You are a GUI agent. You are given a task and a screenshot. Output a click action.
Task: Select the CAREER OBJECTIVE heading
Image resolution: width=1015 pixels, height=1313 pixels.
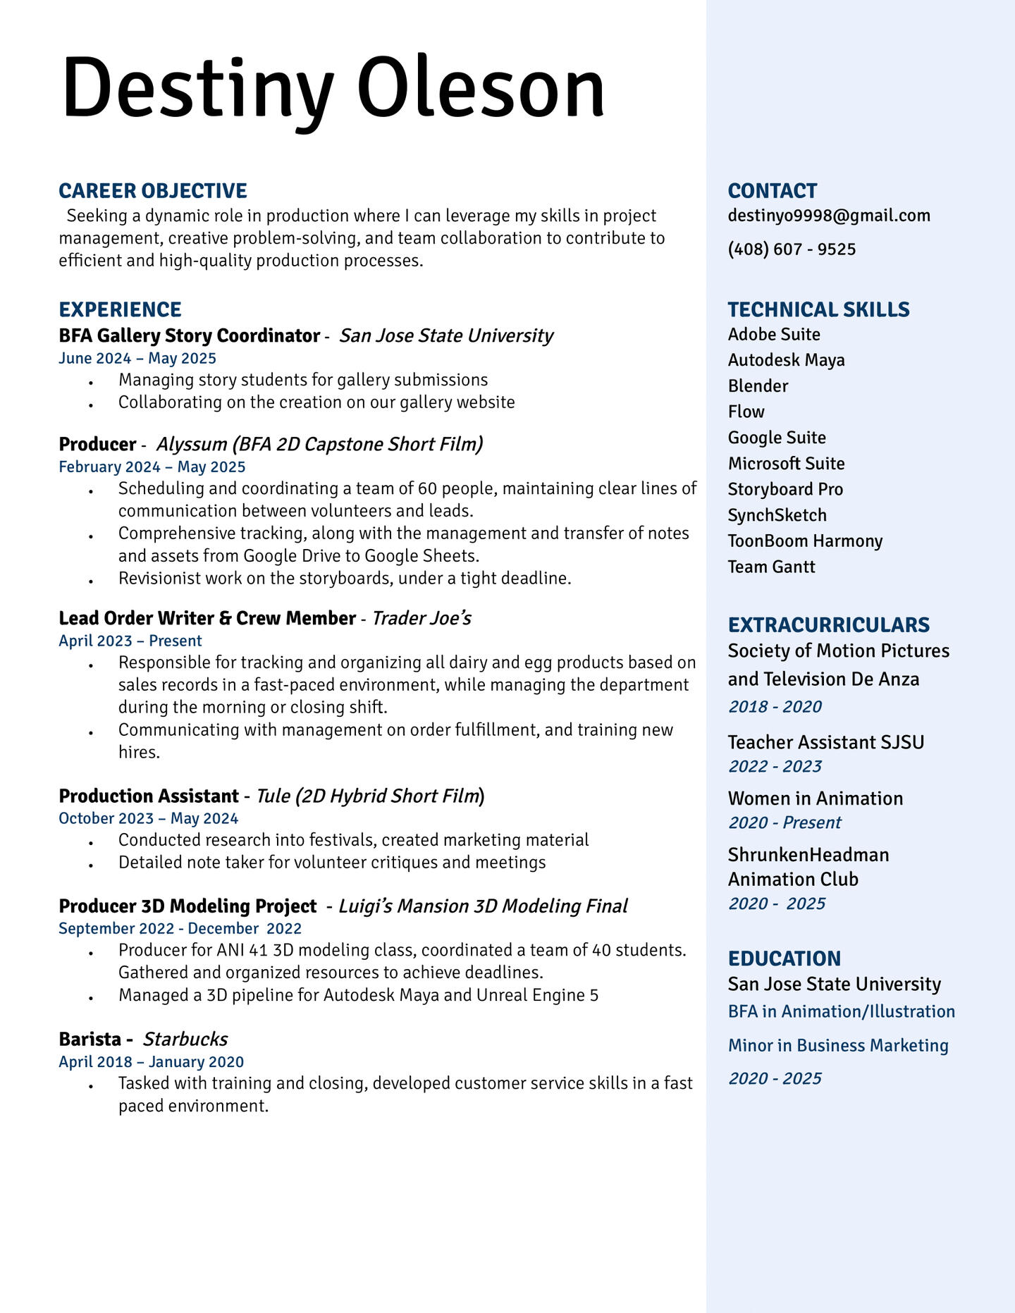(153, 191)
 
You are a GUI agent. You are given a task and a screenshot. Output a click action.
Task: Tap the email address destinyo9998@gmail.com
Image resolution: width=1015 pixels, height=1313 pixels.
(829, 216)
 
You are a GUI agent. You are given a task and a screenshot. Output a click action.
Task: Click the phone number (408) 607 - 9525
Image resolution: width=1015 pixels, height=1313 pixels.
(792, 249)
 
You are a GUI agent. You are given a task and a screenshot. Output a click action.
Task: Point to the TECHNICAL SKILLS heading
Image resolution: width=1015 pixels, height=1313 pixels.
(818, 310)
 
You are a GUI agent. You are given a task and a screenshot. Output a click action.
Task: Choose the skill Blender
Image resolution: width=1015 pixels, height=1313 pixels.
(758, 386)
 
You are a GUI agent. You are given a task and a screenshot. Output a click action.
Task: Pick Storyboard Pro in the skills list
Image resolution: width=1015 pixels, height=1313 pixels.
(785, 489)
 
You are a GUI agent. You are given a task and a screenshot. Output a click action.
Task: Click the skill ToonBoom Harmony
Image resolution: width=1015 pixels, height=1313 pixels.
(805, 541)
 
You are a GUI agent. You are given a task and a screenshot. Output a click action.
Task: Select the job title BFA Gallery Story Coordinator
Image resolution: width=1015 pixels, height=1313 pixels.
(190, 335)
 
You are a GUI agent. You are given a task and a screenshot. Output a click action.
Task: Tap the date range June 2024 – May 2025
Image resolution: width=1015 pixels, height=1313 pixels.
(137, 359)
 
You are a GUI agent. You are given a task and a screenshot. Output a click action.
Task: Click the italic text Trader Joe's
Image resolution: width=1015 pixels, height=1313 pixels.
(422, 619)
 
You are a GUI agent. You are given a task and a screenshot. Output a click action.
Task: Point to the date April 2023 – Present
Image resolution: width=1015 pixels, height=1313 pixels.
(130, 641)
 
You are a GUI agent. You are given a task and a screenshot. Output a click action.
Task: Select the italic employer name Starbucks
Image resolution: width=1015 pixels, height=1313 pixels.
(185, 1040)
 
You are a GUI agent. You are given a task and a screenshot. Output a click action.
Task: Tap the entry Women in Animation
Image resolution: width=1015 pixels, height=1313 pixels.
(815, 799)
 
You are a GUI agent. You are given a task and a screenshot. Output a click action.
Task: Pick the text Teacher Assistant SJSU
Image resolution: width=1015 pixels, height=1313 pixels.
(825, 742)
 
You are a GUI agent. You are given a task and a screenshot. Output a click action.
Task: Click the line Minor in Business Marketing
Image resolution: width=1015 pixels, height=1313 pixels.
(838, 1046)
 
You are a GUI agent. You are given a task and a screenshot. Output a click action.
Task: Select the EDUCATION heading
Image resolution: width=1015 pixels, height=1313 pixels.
(784, 958)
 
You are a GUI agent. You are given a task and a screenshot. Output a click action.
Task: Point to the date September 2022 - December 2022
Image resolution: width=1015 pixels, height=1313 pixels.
(180, 929)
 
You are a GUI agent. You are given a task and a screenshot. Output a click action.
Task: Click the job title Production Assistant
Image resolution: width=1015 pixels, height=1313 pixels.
(149, 796)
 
